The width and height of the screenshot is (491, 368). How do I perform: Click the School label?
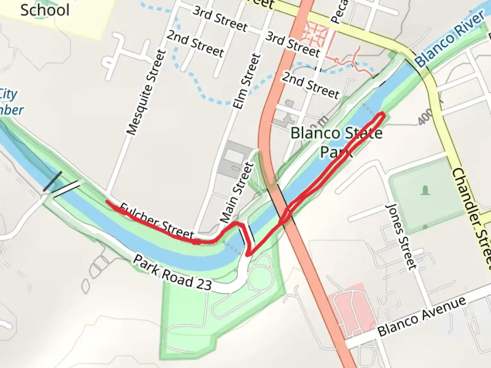(x=45, y=10)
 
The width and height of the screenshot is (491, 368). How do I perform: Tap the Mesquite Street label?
(x=146, y=92)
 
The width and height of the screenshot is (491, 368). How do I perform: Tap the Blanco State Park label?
(x=336, y=142)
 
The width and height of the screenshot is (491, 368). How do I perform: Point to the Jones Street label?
(x=401, y=236)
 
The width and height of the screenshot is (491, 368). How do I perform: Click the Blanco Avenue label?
(x=422, y=316)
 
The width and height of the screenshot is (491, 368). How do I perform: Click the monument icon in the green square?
(x=425, y=190)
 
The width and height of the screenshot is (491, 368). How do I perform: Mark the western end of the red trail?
(x=107, y=202)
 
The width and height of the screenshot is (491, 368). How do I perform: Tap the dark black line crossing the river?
(x=53, y=182)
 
